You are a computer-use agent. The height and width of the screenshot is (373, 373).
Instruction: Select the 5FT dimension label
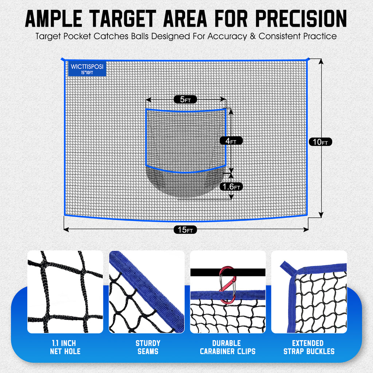pos(185,99)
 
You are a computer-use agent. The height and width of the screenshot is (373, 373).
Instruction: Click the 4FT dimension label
pos(231,141)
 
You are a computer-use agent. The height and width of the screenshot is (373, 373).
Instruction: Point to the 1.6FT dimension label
pos(231,186)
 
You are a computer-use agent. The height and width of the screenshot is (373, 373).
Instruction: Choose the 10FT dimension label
pos(321,142)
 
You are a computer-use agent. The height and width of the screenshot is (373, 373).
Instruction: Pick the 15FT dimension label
pos(185,230)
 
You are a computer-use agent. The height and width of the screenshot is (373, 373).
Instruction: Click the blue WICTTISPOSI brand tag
pos(87,68)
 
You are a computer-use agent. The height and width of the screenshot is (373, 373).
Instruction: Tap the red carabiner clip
pos(227,284)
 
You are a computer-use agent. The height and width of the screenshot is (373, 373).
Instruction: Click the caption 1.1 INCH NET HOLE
pos(65,348)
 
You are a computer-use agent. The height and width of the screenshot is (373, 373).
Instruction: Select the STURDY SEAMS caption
pos(148,348)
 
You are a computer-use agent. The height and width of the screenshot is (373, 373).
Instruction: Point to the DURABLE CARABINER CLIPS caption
pos(228,348)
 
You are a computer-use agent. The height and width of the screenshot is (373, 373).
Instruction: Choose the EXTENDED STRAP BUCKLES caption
pos(308,348)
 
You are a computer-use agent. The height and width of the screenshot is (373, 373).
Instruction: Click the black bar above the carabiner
pos(204,272)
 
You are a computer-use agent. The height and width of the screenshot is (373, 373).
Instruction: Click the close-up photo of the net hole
pos(65,292)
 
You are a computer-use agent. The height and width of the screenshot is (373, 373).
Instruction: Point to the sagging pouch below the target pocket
pos(186,184)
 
